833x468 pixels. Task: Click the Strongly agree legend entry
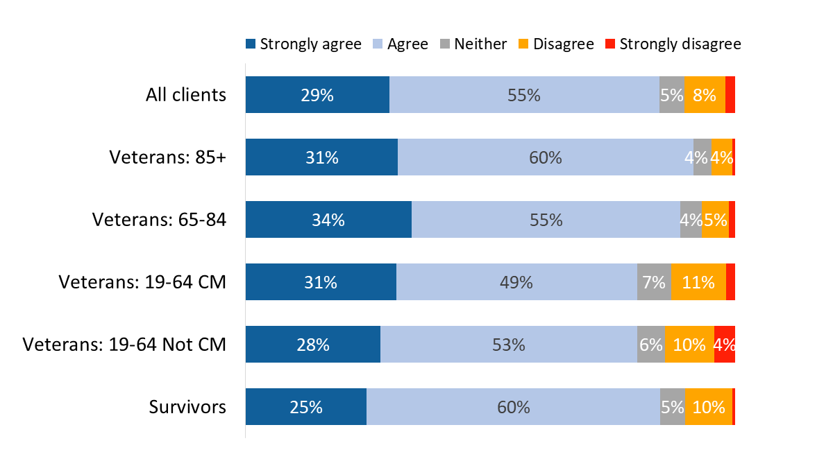304,44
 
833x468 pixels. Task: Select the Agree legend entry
401,44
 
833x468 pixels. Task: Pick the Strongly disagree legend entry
673,44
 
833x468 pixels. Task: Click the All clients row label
186,95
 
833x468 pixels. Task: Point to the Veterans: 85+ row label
167,157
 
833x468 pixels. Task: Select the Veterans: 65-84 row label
160,220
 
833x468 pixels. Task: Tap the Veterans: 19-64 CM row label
142,282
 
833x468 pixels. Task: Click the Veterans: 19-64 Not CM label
124,345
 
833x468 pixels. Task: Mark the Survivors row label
187,407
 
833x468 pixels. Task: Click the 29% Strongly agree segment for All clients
317,95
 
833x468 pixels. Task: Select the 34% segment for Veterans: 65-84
328,220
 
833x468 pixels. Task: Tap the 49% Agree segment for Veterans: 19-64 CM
516,282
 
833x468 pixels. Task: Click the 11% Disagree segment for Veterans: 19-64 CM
698,282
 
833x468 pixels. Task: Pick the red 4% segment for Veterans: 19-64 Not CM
724,345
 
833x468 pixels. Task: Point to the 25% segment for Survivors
306,407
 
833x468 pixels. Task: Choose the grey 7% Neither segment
654,282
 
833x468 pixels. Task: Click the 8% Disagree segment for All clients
705,95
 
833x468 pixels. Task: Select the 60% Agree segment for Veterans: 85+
545,157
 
